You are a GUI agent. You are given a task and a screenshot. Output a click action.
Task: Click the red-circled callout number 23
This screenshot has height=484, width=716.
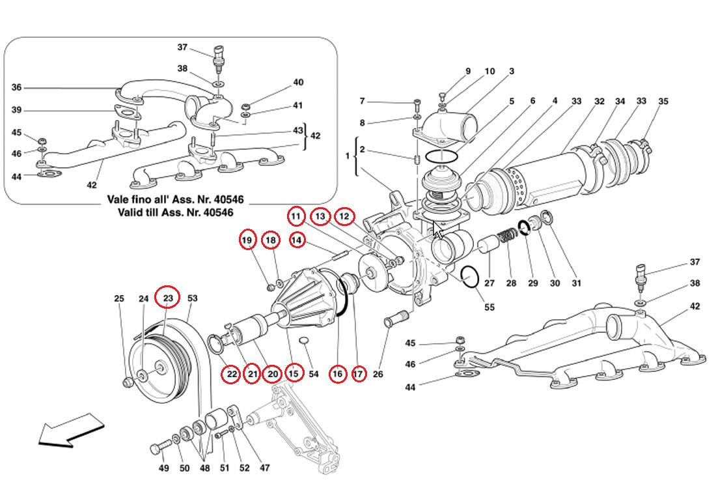(x=168, y=298)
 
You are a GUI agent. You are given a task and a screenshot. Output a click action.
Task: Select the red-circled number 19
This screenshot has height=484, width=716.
(x=247, y=240)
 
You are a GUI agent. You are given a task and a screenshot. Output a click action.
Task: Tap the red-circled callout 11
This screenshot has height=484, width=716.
(x=297, y=216)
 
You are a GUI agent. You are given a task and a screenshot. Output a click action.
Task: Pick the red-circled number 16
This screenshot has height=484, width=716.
(x=337, y=374)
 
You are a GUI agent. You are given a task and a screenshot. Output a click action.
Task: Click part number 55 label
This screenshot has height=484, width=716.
(x=489, y=307)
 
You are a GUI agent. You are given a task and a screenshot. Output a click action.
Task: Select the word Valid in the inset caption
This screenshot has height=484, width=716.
(x=133, y=212)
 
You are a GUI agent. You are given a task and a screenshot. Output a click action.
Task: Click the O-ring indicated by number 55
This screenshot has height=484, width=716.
(x=470, y=277)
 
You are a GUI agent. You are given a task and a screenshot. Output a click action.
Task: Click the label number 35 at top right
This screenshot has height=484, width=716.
(x=663, y=101)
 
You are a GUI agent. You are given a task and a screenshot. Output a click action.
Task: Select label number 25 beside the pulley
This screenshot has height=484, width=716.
(x=119, y=299)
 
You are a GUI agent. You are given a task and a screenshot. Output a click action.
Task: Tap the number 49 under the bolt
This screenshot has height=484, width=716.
(x=165, y=468)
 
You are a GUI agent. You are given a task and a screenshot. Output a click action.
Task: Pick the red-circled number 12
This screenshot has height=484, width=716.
(x=345, y=216)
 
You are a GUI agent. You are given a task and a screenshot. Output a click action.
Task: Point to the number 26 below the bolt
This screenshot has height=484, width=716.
(x=378, y=375)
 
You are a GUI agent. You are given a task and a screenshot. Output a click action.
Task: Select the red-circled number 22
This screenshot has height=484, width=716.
(x=232, y=374)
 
